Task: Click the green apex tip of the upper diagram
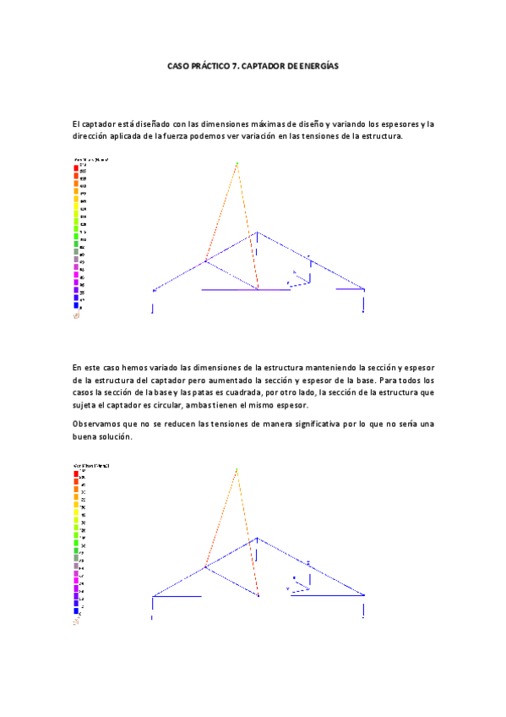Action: click(x=237, y=163)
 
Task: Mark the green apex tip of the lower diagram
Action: click(x=237, y=468)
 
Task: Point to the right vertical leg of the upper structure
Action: click(x=365, y=301)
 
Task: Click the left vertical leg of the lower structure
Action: click(x=152, y=607)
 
